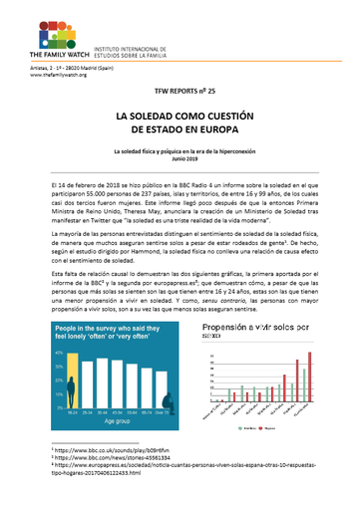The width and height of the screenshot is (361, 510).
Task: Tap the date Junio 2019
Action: [180, 159]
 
